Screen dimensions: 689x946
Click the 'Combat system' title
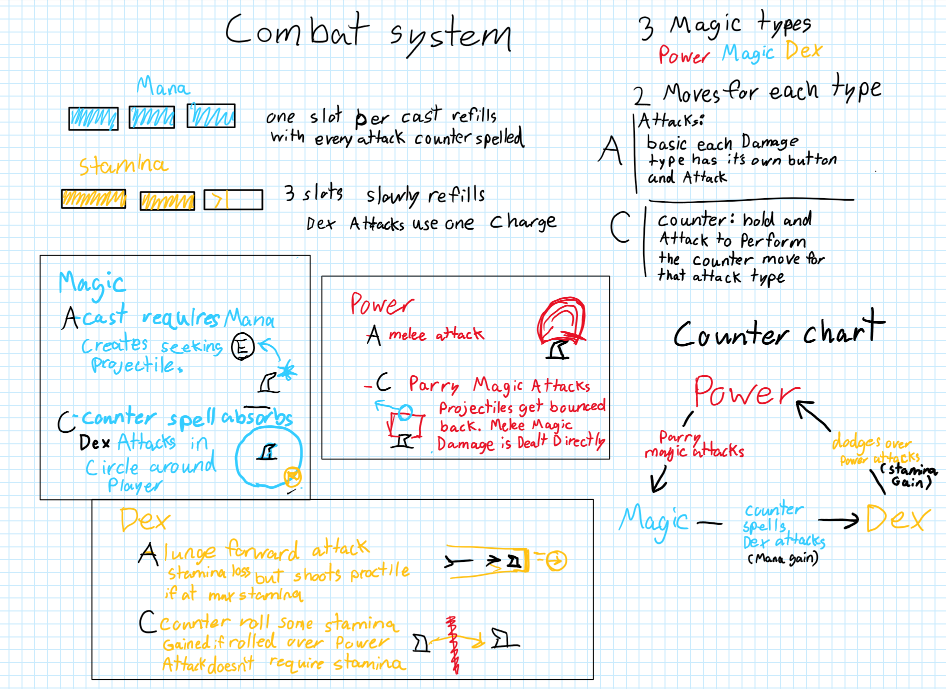point(367,33)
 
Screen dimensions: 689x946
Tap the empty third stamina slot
point(233,200)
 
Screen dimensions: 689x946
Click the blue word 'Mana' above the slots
point(163,87)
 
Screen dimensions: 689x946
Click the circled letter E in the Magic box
point(243,346)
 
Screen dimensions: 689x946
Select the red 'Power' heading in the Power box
point(381,304)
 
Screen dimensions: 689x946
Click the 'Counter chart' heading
point(778,331)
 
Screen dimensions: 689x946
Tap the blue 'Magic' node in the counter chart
point(653,521)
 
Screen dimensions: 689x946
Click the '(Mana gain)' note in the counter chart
point(783,558)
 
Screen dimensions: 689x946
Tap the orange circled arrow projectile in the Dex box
point(556,560)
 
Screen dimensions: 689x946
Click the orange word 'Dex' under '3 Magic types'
point(803,51)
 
